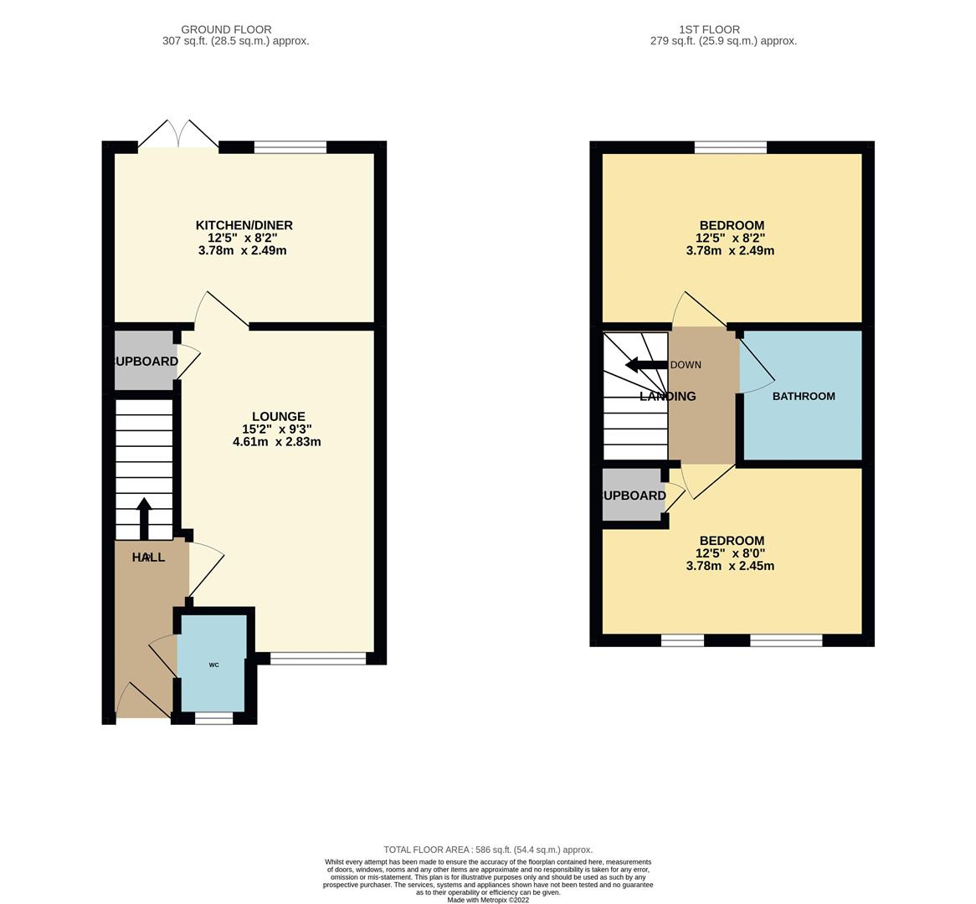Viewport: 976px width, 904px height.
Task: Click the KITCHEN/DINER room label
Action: [x=244, y=225]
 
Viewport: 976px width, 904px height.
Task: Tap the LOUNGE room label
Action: [x=278, y=416]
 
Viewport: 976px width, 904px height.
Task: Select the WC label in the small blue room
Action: [x=213, y=665]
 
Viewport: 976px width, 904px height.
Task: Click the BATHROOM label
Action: [x=803, y=396]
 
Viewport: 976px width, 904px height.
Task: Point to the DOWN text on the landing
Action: [x=686, y=365]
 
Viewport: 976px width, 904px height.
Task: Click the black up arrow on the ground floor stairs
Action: [x=144, y=518]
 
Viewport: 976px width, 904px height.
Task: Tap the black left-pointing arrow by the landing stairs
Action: [x=645, y=365]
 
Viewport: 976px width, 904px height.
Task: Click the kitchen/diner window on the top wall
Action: [x=290, y=147]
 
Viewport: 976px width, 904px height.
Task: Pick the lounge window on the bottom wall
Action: [x=318, y=659]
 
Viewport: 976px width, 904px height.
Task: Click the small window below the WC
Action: [x=213, y=718]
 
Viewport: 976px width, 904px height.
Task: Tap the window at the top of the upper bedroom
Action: [x=730, y=147]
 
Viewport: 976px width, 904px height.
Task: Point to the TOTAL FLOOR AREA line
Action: [x=487, y=850]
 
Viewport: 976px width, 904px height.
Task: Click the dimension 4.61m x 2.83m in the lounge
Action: [x=276, y=442]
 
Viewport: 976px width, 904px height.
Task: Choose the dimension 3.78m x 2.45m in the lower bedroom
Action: [x=730, y=566]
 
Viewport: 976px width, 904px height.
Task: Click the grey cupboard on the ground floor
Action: [x=144, y=362]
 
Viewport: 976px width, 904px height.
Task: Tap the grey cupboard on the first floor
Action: [x=633, y=496]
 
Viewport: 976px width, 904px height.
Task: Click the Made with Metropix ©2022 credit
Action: [x=487, y=900]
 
